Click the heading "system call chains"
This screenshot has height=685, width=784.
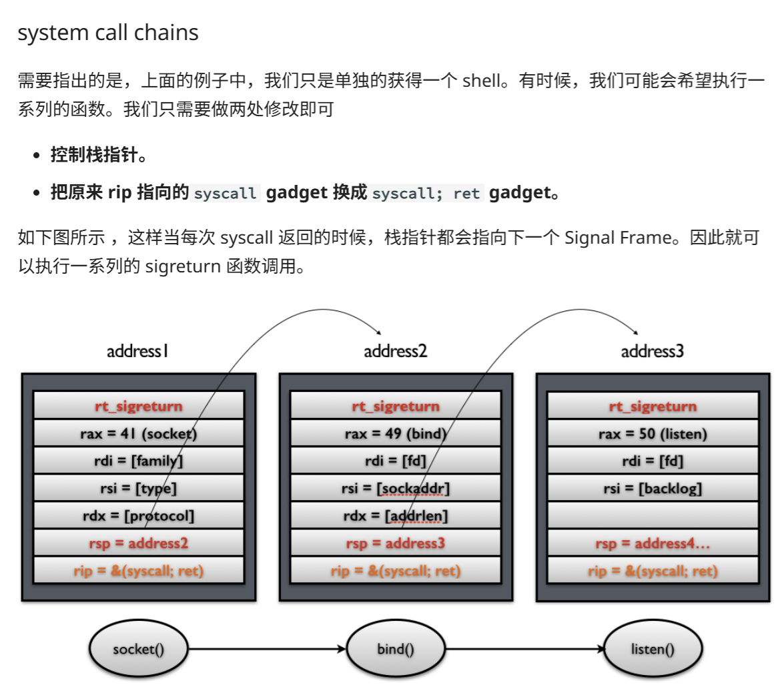tap(108, 33)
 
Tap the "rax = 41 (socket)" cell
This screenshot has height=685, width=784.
tap(138, 434)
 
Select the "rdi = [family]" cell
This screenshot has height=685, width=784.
tap(138, 461)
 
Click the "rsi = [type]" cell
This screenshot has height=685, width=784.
tap(138, 488)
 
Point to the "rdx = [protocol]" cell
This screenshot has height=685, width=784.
tap(138, 515)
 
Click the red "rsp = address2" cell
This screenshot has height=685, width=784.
tap(138, 543)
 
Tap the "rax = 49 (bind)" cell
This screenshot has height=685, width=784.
tap(395, 434)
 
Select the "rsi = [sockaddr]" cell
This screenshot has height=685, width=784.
tap(395, 488)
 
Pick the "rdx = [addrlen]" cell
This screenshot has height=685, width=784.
tap(395, 515)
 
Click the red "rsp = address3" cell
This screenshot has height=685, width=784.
tap(395, 543)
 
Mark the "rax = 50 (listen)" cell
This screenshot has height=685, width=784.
tap(653, 434)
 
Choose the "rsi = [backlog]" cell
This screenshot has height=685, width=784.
tap(653, 488)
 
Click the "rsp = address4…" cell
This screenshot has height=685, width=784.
tap(653, 543)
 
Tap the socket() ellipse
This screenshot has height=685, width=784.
tap(138, 648)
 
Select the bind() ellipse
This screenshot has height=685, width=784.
tap(395, 648)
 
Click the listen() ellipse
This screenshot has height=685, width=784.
tap(653, 648)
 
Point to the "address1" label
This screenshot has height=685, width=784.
tap(137, 351)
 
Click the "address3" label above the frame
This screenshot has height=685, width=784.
tap(652, 351)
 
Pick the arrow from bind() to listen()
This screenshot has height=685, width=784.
tap(524, 648)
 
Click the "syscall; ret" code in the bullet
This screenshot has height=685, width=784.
tap(426, 194)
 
